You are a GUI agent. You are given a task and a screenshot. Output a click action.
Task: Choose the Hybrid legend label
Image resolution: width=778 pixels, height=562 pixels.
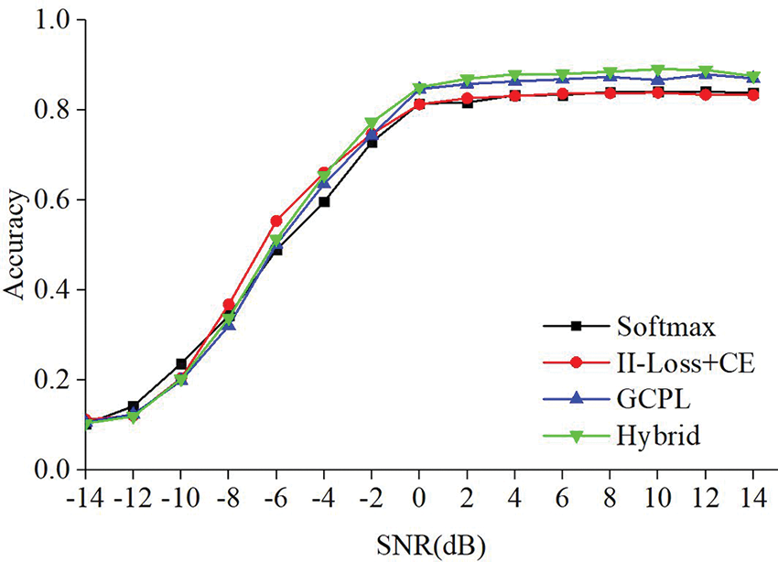[653, 438]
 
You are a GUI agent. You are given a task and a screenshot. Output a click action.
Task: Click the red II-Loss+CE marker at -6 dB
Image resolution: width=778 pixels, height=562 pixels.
[276, 221]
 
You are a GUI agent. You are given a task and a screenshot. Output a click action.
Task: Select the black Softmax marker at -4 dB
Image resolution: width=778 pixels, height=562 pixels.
[324, 201]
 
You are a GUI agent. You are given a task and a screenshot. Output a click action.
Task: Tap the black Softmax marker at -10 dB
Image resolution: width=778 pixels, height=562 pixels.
[181, 363]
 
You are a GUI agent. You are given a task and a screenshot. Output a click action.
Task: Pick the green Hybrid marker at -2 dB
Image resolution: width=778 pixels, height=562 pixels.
[372, 123]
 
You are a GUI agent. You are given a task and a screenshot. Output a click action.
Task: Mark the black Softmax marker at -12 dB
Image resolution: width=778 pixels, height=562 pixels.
[134, 406]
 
